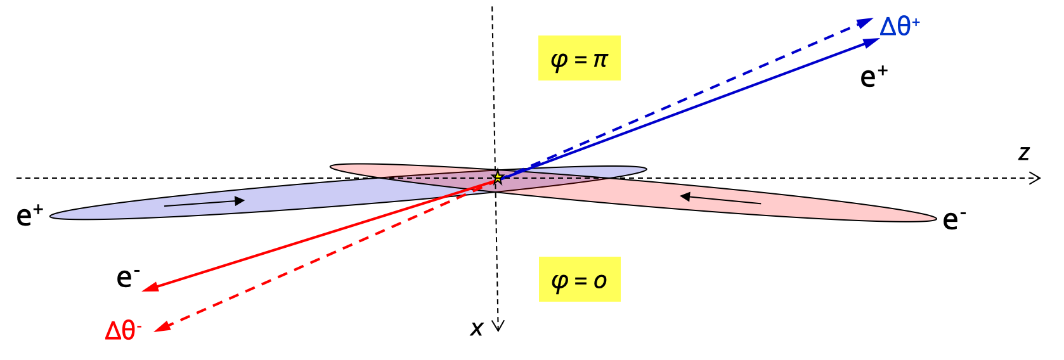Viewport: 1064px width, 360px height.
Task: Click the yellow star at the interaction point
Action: pos(498,177)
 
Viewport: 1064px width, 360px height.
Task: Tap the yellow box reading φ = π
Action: pos(579,58)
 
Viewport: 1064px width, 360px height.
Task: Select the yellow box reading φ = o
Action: pos(579,279)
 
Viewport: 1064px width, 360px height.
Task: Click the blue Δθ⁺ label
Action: pos(899,27)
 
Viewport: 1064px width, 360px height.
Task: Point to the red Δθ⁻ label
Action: pos(123,330)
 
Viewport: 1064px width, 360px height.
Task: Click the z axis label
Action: pos(1023,153)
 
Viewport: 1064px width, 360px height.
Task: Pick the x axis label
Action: pos(477,328)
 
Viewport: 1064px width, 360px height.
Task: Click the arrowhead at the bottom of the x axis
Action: pos(498,326)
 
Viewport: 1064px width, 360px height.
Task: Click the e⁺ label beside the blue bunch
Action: pos(29,215)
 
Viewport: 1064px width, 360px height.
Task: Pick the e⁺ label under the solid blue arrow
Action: pos(873,77)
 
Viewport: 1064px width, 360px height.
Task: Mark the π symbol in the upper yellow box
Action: pos(600,60)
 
